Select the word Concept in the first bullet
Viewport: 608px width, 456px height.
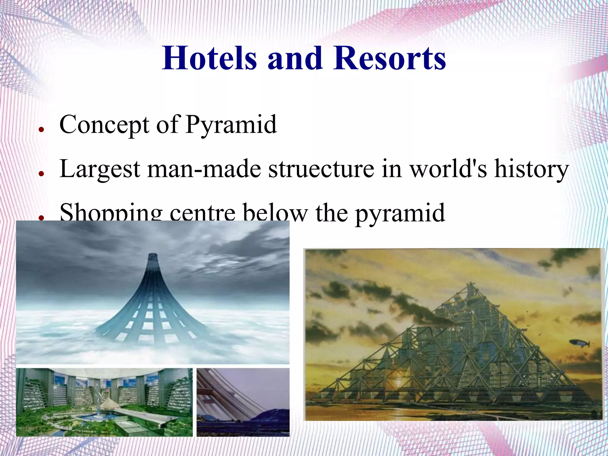(x=104, y=125)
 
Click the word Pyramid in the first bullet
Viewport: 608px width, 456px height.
(x=231, y=125)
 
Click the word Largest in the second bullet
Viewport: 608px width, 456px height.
(x=100, y=169)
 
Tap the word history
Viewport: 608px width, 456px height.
(x=531, y=169)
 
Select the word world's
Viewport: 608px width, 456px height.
(x=448, y=169)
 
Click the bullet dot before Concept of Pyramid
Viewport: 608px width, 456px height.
(x=41, y=129)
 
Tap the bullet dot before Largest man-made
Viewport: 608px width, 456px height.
(x=41, y=174)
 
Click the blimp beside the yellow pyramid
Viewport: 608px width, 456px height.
(x=579, y=343)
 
